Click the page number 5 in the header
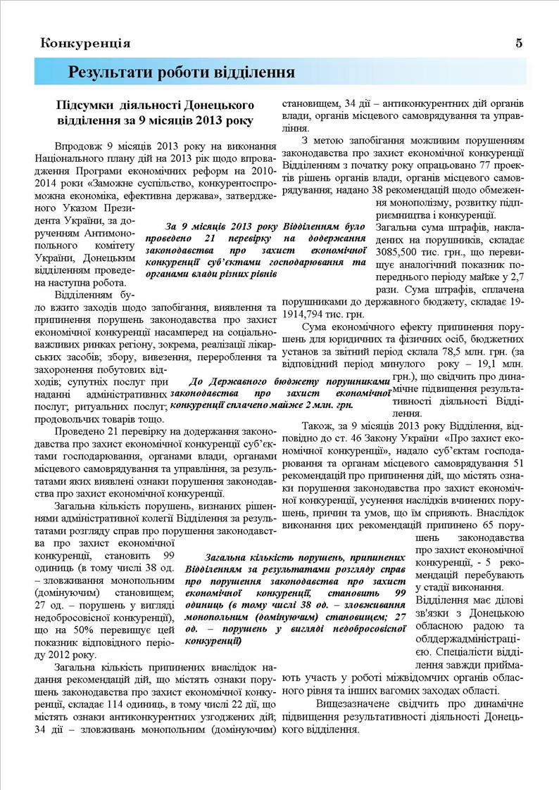519,42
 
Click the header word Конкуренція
86,43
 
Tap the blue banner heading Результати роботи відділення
181,72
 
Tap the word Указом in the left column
106,208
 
